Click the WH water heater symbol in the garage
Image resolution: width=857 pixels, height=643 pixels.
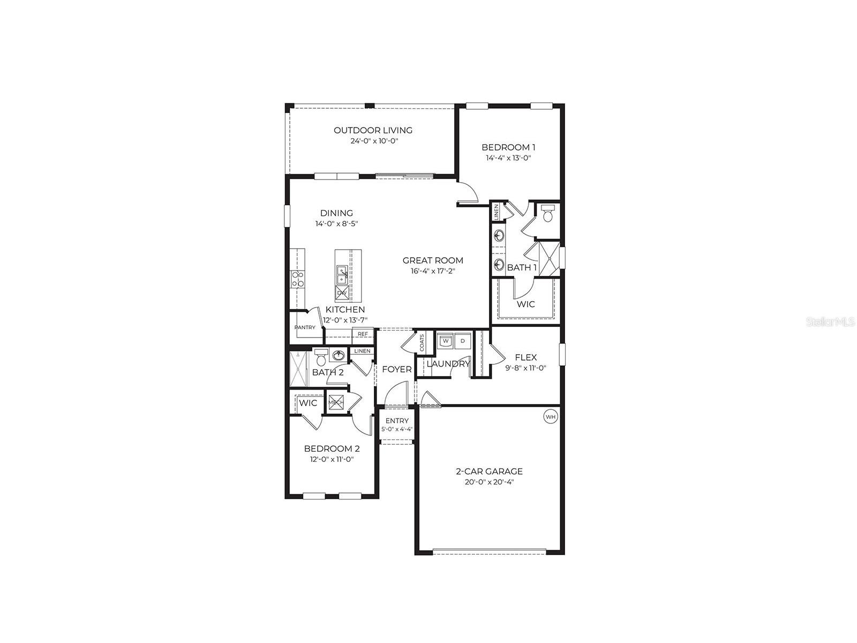tap(551, 416)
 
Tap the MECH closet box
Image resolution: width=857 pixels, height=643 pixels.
tap(336, 402)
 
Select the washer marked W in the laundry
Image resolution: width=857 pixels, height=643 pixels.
tap(445, 341)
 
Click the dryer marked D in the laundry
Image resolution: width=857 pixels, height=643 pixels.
tap(463, 341)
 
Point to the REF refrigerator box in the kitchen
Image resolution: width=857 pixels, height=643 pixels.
tap(363, 334)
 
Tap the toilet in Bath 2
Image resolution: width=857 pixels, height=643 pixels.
tap(321, 357)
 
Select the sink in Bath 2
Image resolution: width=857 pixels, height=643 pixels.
tap(338, 355)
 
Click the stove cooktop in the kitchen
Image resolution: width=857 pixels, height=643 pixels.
tap(297, 279)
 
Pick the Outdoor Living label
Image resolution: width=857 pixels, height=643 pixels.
tap(373, 130)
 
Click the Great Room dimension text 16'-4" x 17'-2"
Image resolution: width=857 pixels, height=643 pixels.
tap(433, 271)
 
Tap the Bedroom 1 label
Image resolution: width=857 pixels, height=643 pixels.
tap(508, 147)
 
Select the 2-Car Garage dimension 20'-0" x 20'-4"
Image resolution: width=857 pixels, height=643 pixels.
tap(488, 482)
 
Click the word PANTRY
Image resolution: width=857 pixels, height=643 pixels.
tap(304, 327)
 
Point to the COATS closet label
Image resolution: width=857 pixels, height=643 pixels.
tap(422, 343)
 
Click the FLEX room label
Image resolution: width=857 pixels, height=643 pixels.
tap(525, 357)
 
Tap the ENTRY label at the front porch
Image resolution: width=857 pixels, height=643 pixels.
tap(397, 421)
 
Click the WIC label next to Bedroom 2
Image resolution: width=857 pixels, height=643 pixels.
tap(308, 403)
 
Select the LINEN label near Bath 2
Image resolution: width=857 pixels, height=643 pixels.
tap(362, 351)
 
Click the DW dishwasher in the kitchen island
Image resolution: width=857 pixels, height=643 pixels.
tap(341, 293)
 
